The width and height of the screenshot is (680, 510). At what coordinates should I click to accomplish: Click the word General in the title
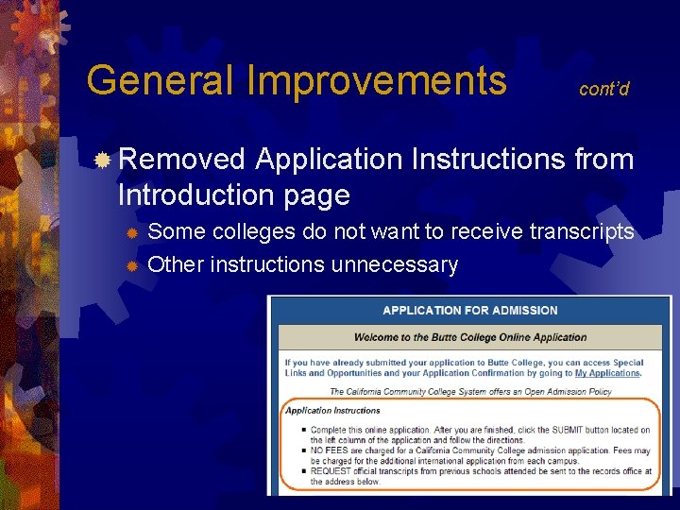159,80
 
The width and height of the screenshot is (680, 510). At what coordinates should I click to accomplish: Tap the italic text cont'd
603,89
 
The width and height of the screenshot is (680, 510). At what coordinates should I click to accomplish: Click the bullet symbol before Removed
103,160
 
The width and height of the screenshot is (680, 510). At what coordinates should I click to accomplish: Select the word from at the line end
603,159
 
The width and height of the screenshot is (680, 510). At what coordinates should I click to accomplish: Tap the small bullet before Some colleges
133,232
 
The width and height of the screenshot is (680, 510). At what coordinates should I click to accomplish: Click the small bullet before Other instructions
133,265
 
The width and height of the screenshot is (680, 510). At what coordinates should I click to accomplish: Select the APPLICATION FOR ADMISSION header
469,310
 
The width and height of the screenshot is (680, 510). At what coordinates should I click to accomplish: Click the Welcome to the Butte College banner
469,337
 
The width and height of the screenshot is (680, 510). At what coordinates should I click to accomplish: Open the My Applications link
607,373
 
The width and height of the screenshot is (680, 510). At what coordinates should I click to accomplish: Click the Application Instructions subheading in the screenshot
332,411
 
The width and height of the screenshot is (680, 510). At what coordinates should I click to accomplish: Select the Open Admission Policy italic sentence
469,391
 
